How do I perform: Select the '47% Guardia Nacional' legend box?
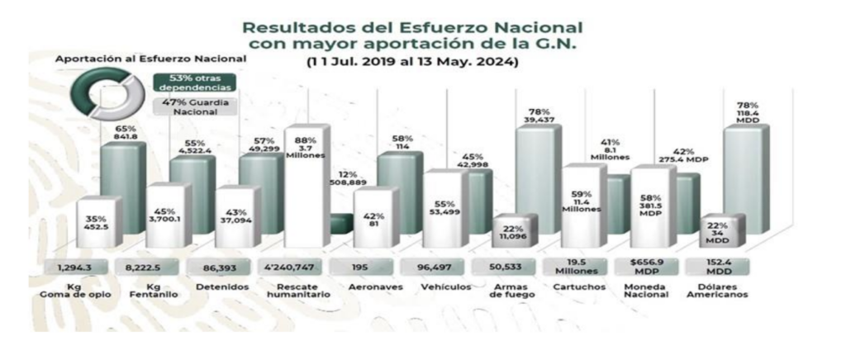point(183,107)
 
